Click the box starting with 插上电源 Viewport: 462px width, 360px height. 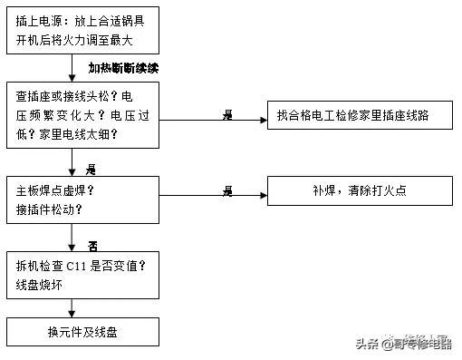82,30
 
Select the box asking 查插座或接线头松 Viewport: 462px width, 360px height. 82,115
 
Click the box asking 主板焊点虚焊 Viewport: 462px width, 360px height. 82,199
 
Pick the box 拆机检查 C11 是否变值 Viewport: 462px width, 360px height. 82,274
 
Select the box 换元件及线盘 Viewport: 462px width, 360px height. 82,332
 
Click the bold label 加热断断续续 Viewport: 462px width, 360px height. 124,68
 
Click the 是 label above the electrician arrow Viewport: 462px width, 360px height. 227,113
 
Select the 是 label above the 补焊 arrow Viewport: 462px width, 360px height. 227,189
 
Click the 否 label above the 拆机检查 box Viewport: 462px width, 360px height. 91,245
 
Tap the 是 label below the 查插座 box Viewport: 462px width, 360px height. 91,170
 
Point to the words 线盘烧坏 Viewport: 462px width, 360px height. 39,284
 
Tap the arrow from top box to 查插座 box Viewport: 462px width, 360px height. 72,68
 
